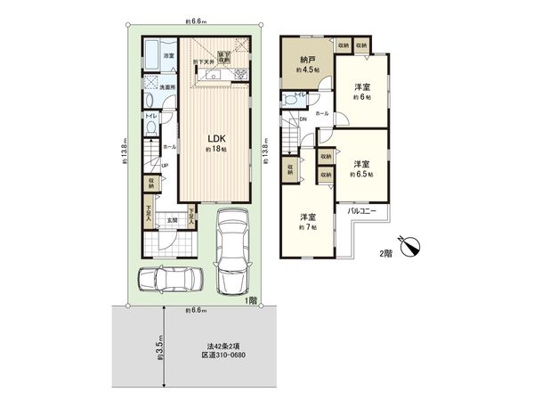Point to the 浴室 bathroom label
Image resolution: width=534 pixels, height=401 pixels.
[x=168, y=55]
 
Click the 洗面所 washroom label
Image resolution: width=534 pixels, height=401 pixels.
[x=167, y=86]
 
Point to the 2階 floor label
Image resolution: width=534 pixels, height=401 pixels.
[x=385, y=252]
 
